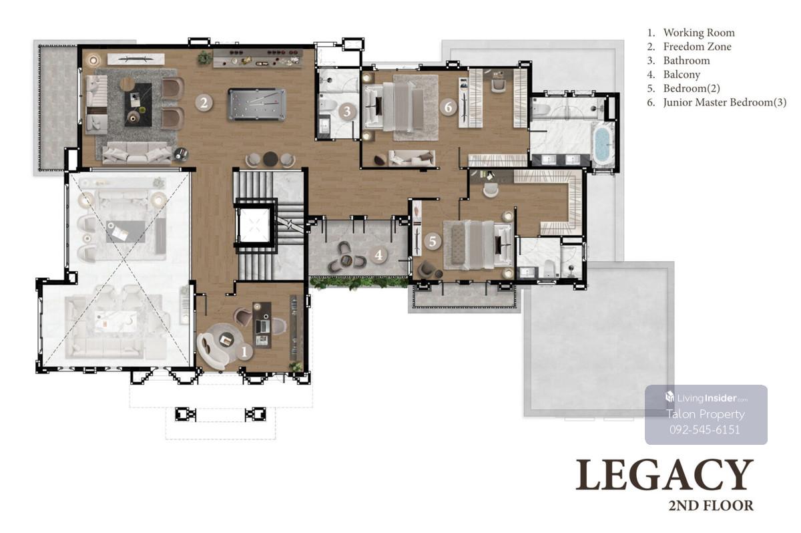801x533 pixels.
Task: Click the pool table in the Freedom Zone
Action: coord(257,104)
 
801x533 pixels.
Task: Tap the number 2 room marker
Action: coord(204,103)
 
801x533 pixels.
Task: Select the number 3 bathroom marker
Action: coord(346,112)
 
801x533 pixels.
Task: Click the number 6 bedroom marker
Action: coord(449,107)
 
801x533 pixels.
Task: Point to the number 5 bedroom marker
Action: coord(433,241)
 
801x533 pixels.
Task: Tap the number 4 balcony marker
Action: coord(378,255)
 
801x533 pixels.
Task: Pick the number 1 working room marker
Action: coord(244,352)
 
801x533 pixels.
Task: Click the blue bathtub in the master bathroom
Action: coord(603,144)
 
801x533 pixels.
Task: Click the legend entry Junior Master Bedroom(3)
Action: coord(717,102)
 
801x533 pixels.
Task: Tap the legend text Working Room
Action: coord(691,33)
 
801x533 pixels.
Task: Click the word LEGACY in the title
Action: coord(664,475)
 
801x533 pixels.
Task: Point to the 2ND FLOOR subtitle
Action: coord(711,506)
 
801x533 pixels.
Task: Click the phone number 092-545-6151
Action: coord(705,429)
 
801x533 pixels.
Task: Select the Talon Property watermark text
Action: coord(706,414)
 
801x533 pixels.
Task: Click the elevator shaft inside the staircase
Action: coord(254,225)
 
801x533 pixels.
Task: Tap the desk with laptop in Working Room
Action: coord(262,325)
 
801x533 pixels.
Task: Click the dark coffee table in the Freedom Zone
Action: coord(138,104)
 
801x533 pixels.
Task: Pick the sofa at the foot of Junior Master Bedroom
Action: coord(412,158)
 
